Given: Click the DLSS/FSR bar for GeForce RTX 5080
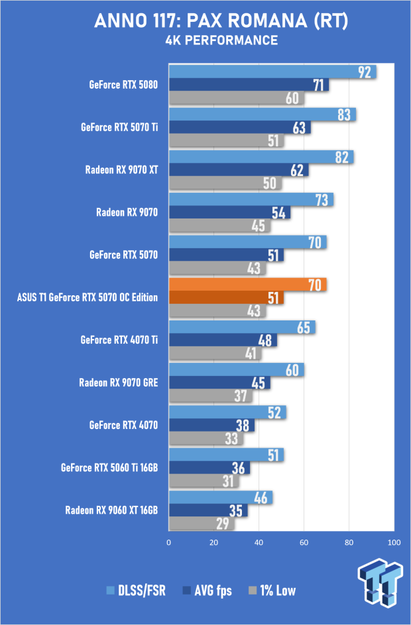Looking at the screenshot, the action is (x=272, y=72).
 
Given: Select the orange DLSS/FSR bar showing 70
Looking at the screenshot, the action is (x=248, y=285).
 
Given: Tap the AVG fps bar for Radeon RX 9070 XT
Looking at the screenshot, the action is (x=239, y=169).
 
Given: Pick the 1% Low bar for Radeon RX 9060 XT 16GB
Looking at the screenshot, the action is (x=202, y=523).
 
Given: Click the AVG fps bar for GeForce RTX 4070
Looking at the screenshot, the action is (x=211, y=425).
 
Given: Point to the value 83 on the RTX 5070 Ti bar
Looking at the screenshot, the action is (x=344, y=115).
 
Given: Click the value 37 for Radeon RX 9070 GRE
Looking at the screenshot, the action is (x=240, y=396).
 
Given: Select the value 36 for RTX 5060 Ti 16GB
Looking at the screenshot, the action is (x=238, y=468).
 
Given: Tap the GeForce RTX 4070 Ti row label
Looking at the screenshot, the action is (x=119, y=340).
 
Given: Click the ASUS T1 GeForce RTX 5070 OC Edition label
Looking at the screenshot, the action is (x=88, y=297).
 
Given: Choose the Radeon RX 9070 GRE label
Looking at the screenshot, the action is (x=119, y=383).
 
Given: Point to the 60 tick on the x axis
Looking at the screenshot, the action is (x=304, y=542).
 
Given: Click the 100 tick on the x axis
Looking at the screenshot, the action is (x=394, y=542).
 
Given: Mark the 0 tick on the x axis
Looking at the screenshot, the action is (x=169, y=542).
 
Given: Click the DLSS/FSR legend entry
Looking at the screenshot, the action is (x=136, y=591).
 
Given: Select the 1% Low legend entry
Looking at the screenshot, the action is (x=272, y=591).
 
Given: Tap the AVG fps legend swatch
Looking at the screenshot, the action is (x=186, y=591).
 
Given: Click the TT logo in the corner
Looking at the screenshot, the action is (x=381, y=582).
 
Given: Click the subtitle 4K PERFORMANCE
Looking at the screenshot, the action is (x=221, y=40).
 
